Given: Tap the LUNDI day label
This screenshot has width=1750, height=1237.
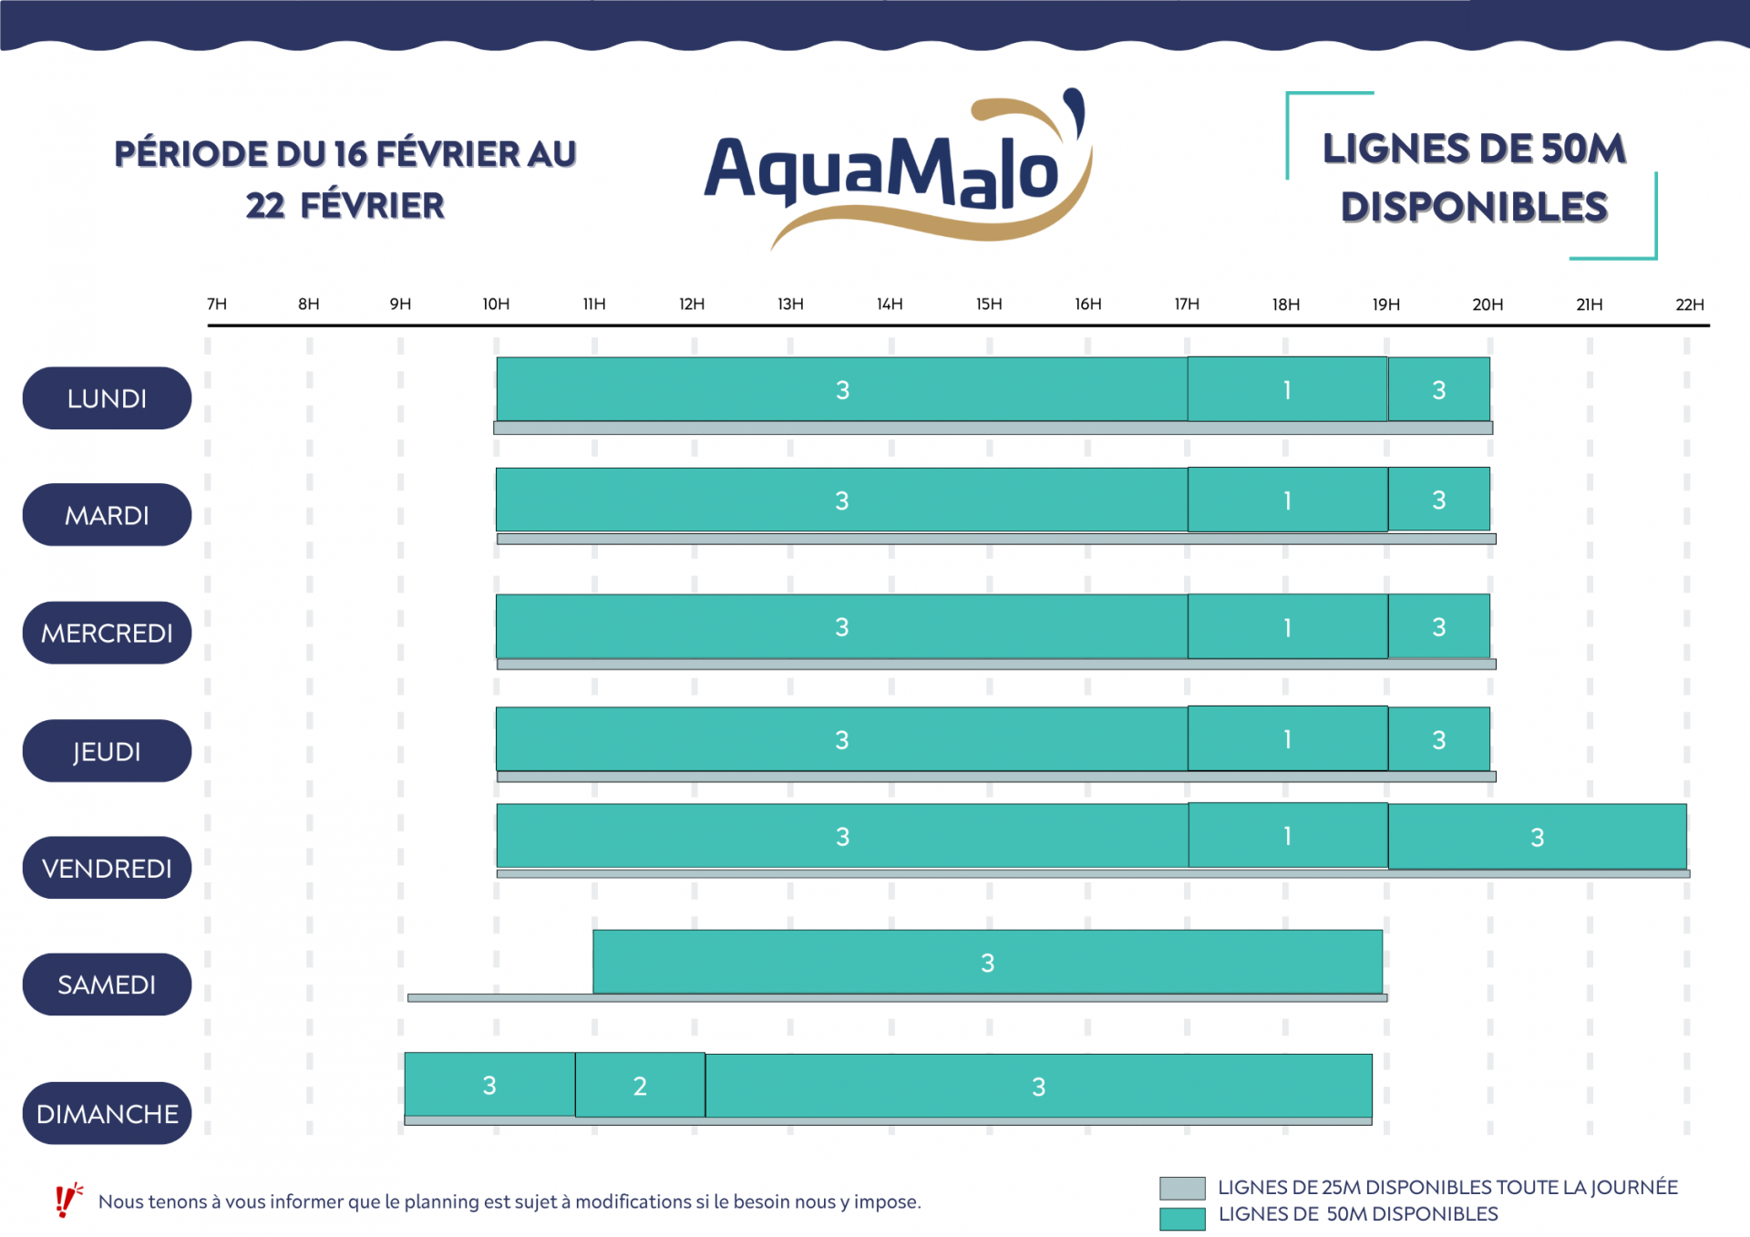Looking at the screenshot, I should point(107,398).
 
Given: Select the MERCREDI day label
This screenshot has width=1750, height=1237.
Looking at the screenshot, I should point(107,633).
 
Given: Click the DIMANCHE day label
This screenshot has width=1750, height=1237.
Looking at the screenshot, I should point(107,1113).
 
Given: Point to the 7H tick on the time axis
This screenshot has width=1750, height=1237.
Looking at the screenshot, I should point(217,304).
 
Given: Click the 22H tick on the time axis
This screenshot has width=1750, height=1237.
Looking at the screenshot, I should point(1689,304).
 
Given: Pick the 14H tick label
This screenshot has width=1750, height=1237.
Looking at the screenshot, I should point(890,304).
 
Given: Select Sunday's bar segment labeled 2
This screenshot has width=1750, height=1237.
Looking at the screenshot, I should point(640,1085).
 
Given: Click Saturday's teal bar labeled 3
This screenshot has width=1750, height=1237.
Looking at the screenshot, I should point(987,962).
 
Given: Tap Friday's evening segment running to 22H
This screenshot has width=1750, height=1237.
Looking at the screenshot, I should point(1537,836).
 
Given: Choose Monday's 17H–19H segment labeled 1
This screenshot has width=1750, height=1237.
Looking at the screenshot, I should point(1287,389).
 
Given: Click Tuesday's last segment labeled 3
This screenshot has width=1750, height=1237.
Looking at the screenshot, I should point(1438,500).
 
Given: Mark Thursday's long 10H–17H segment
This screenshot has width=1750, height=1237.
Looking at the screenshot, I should point(841,739).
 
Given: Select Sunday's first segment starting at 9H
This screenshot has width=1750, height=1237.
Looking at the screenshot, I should point(489,1085).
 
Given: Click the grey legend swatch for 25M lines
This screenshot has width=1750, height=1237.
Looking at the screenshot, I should point(1182,1188).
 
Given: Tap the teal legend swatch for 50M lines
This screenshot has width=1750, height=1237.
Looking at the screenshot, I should point(1182,1218).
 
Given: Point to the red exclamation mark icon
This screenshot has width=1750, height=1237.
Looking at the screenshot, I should point(67,1201).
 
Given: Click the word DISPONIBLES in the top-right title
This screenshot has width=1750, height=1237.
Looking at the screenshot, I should point(1474,207).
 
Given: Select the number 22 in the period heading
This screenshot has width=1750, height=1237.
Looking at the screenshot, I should point(265,206).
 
